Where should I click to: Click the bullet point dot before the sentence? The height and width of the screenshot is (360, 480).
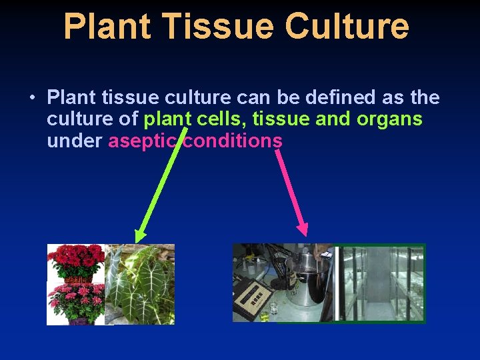click(32, 99)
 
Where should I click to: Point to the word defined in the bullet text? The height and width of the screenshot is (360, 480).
click(341, 98)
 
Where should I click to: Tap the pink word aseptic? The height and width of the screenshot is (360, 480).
click(143, 141)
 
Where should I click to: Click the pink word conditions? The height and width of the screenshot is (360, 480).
click(233, 141)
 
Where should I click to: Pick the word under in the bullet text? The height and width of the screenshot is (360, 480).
click(74, 141)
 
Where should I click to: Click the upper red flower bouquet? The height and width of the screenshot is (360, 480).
click(75, 260)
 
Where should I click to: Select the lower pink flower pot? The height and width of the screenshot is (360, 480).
click(75, 303)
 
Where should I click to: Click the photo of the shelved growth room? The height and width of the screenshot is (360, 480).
click(380, 283)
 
